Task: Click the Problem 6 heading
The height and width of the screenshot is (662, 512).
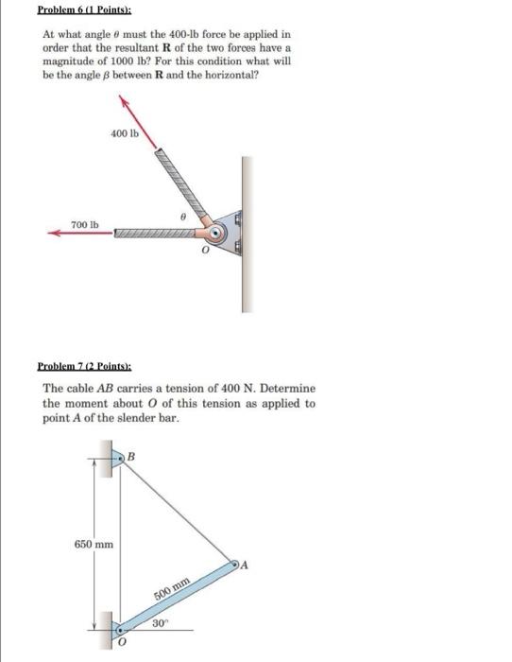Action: tap(84, 9)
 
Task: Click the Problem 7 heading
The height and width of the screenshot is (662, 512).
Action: tap(84, 366)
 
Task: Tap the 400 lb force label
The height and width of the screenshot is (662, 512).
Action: tap(125, 133)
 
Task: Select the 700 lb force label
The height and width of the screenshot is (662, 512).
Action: tap(85, 225)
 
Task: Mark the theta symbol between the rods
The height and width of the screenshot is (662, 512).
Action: tap(182, 217)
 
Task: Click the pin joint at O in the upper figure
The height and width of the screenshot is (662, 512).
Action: tap(216, 233)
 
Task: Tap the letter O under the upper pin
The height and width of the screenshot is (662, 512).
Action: tap(205, 251)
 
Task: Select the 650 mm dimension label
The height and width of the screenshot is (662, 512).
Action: tap(94, 544)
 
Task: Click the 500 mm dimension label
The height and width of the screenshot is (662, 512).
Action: tap(171, 588)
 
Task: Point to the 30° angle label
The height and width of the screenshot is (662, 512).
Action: tap(160, 623)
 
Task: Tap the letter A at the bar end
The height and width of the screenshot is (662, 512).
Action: tap(244, 565)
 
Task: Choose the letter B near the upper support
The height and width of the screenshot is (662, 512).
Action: tap(131, 457)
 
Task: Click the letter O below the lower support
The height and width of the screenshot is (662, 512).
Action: tap(122, 642)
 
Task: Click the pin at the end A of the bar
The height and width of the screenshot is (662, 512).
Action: tap(234, 564)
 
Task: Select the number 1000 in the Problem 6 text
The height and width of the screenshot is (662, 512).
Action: tap(122, 61)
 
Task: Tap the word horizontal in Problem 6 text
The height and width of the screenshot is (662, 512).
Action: tap(231, 75)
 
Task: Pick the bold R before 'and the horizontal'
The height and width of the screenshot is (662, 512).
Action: tap(160, 75)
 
